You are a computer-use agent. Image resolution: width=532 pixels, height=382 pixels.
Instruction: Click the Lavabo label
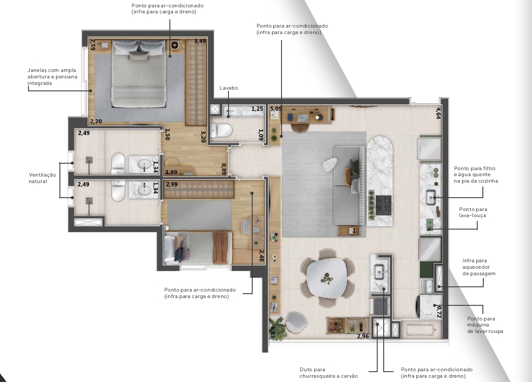pos(228,88)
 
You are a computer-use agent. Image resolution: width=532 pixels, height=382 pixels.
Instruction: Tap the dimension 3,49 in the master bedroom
pos(200,41)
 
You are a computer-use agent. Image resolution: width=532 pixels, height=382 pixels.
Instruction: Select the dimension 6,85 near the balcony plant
pos(272,332)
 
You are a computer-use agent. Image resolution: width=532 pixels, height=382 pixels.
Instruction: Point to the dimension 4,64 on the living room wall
pos(438,113)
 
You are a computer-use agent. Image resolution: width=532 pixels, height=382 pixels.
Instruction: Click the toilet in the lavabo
pos(221,130)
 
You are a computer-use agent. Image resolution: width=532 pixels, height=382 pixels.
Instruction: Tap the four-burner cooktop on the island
pos(383,205)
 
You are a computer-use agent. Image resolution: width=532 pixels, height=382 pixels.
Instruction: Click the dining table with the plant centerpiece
pos(327,278)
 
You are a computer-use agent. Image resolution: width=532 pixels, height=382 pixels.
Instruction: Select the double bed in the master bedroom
pos(139,73)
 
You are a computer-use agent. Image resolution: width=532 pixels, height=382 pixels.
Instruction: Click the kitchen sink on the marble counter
pos(431,197)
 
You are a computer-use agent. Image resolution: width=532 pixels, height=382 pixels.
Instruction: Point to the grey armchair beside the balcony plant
pos(295,323)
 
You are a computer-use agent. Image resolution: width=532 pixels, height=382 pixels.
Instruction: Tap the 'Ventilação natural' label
pos(43,178)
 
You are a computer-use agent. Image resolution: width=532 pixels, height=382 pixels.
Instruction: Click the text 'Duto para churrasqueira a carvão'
pos(329,373)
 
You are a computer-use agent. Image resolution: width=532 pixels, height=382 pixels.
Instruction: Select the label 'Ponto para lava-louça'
pos(473,212)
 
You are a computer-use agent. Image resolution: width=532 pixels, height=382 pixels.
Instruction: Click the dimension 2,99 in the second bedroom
pos(172,184)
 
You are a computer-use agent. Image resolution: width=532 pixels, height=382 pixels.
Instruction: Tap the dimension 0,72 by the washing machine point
pos(439,312)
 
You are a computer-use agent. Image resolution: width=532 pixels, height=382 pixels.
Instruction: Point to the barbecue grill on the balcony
pos(381,306)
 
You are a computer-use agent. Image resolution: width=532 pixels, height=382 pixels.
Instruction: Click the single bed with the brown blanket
pos(198,248)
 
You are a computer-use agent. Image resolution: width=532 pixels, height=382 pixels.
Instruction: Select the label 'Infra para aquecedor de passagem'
pos(479,267)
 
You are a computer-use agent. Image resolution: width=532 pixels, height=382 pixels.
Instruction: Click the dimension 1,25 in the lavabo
pos(257,109)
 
